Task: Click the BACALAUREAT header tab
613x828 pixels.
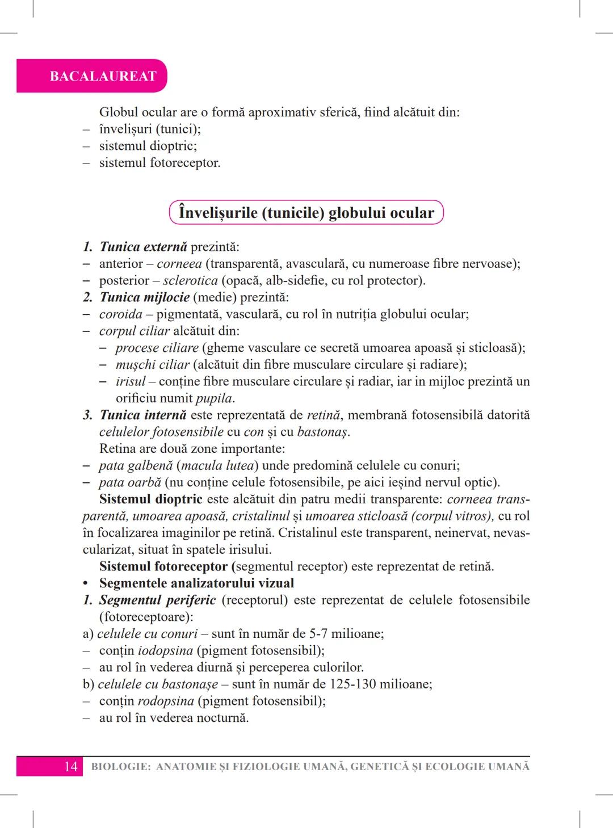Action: click(x=103, y=76)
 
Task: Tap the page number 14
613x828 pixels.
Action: click(x=70, y=767)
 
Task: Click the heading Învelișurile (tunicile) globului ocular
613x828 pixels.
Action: click(x=306, y=213)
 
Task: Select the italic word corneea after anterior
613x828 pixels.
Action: click(x=179, y=264)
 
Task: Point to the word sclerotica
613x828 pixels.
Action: click(x=190, y=280)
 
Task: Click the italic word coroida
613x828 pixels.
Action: click(x=120, y=314)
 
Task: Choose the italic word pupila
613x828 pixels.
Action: click(x=215, y=398)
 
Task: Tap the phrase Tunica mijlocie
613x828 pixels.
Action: click(x=145, y=297)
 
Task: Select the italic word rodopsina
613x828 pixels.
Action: click(x=166, y=701)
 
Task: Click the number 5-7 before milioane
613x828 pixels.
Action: click(x=318, y=634)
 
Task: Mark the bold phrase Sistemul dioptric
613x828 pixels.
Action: click(x=151, y=499)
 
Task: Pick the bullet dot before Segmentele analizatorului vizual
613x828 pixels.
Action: click(x=86, y=584)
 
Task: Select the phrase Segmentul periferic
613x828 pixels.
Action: click(x=157, y=600)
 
